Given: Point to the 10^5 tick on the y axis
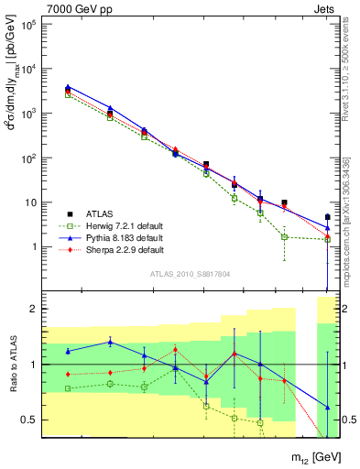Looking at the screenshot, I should tap(28, 24).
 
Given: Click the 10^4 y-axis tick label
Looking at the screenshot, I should tap(28, 69).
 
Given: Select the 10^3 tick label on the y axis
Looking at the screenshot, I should tap(28, 114).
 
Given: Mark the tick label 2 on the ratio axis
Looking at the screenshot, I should tap(35, 310).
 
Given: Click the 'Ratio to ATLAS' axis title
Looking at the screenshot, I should tap(12, 365).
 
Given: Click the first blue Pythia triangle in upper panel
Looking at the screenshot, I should tap(68, 87).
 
